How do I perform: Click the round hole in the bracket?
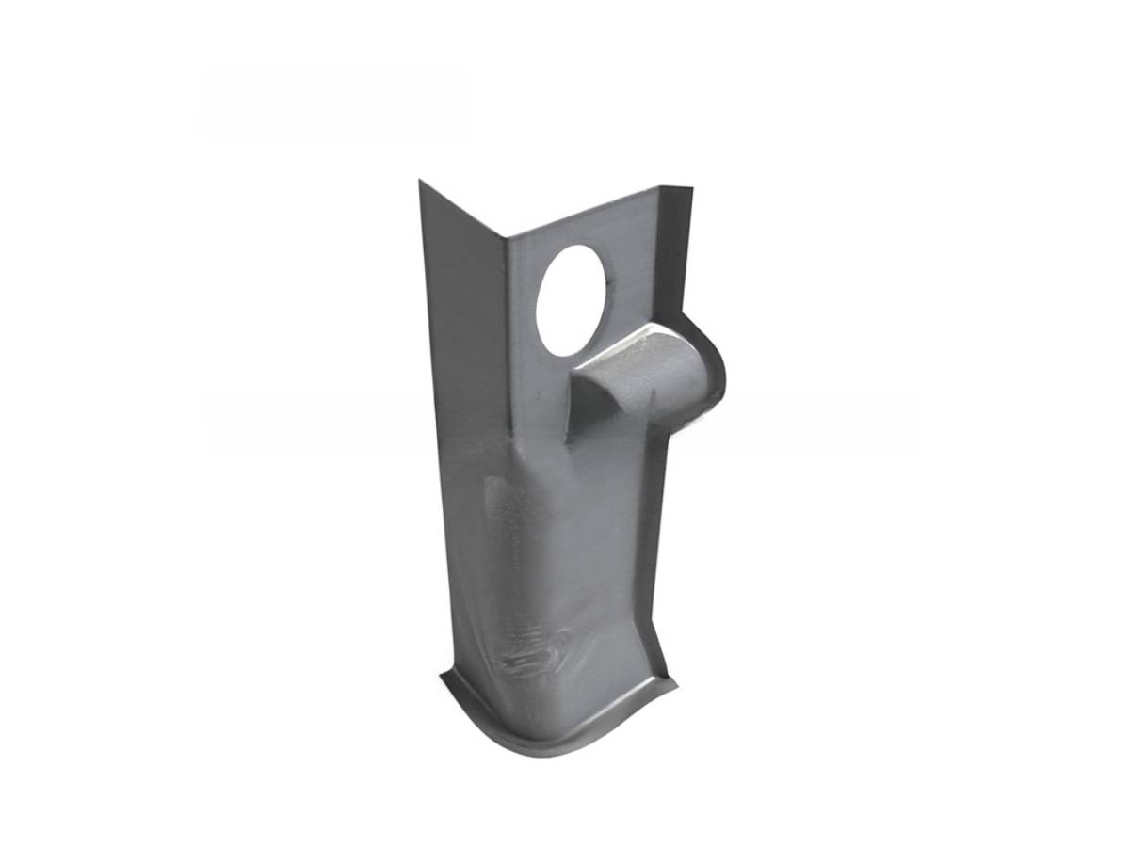(x=573, y=300)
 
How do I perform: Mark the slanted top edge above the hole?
(x=584, y=216)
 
